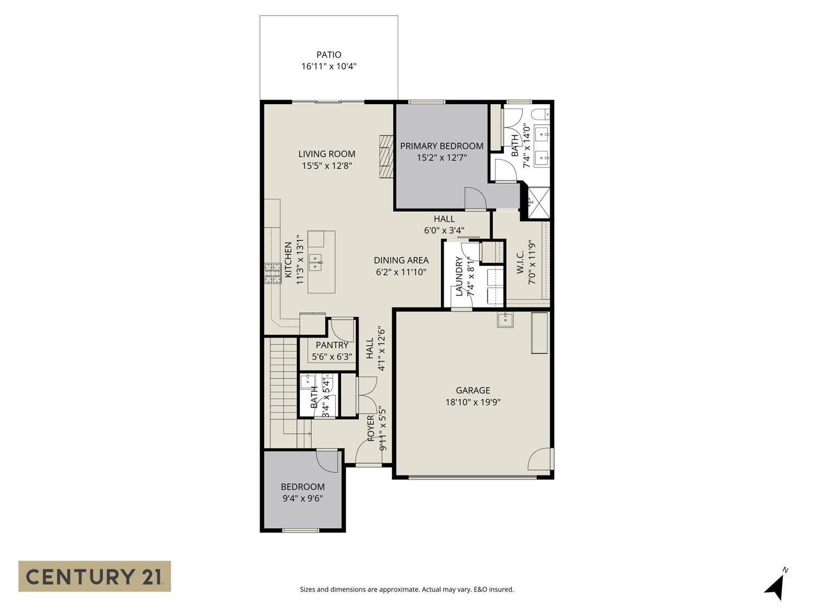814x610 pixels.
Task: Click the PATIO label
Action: coord(329,55)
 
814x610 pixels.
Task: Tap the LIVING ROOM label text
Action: coord(327,154)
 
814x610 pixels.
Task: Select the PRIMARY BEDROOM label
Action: coord(442,146)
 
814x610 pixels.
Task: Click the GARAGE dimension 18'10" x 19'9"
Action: coord(473,402)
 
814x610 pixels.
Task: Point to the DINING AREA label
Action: coord(401,260)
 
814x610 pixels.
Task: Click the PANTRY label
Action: coord(332,345)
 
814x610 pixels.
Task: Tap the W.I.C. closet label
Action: coord(520,262)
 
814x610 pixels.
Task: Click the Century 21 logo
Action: coord(94,576)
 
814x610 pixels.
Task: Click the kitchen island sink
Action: coord(315,262)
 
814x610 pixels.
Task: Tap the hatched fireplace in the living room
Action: coord(385,155)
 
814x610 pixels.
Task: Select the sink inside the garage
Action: coord(506,320)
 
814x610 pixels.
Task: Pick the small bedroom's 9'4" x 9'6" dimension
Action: coord(303,498)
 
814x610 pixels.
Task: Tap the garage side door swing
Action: coord(540,460)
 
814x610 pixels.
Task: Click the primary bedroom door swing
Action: coord(474,198)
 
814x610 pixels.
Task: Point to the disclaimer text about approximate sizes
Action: coord(406,589)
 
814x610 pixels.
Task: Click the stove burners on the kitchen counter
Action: coord(271,273)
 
